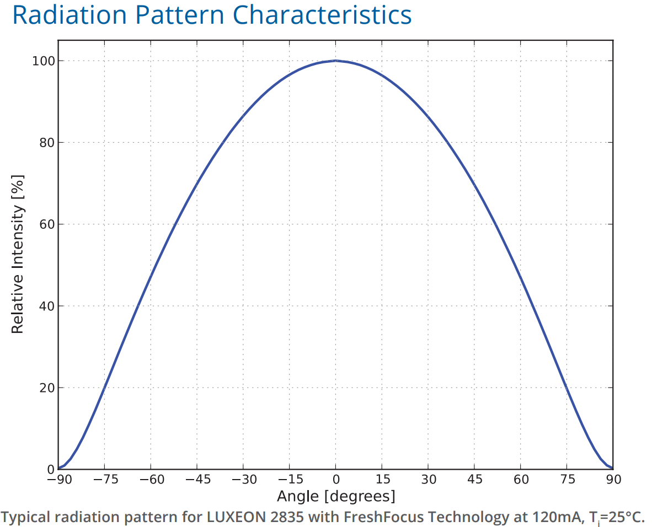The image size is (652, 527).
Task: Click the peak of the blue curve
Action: tap(335, 61)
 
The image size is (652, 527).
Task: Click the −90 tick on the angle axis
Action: tap(60, 480)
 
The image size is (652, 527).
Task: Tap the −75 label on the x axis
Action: tap(106, 480)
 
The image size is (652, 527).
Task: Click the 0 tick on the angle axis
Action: tap(335, 480)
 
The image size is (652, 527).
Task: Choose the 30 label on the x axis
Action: tap(428, 480)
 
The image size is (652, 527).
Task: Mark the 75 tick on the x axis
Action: tap(567, 480)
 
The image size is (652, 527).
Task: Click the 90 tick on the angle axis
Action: tap(613, 480)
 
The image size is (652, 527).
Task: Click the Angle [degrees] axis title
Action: tap(336, 496)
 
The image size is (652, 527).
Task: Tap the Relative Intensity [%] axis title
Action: tap(18, 254)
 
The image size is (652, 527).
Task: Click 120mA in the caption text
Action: tap(554, 517)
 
